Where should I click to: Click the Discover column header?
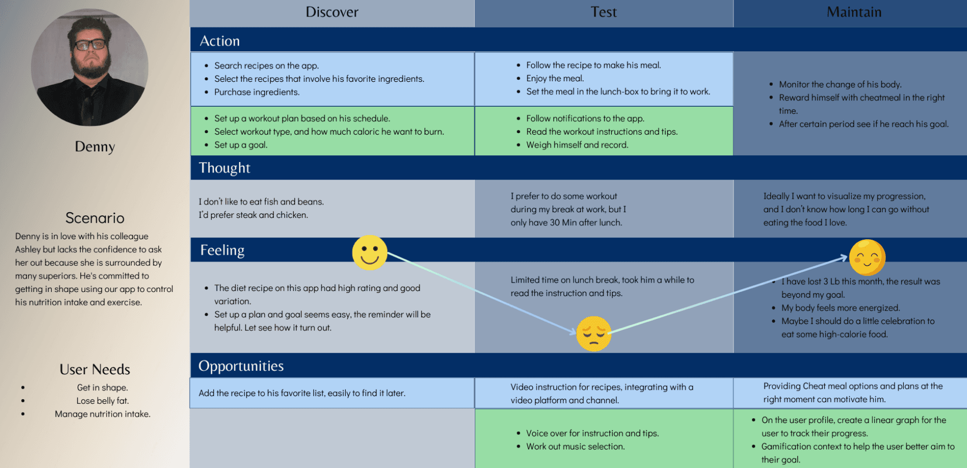coord(332,12)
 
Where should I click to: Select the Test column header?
coord(604,12)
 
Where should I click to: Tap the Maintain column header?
coord(854,12)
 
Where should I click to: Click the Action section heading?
coord(219,41)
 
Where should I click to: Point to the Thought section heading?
coord(224,168)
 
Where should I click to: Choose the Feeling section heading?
coord(222,250)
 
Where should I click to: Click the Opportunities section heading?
coord(241,366)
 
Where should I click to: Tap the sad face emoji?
coord(594,334)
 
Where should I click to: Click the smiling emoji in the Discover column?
coord(370,253)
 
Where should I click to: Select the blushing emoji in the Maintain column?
coord(867,257)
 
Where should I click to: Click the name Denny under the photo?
coord(95,147)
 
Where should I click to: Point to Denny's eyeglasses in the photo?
coord(90,45)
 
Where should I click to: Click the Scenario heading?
coord(95,218)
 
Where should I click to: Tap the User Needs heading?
coord(95,369)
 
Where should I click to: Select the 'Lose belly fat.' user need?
coord(102,401)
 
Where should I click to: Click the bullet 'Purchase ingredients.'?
coord(257,92)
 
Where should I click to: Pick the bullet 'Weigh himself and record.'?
coord(577,145)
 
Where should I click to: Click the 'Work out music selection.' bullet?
coord(576,446)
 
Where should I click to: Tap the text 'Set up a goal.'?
coord(241,145)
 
